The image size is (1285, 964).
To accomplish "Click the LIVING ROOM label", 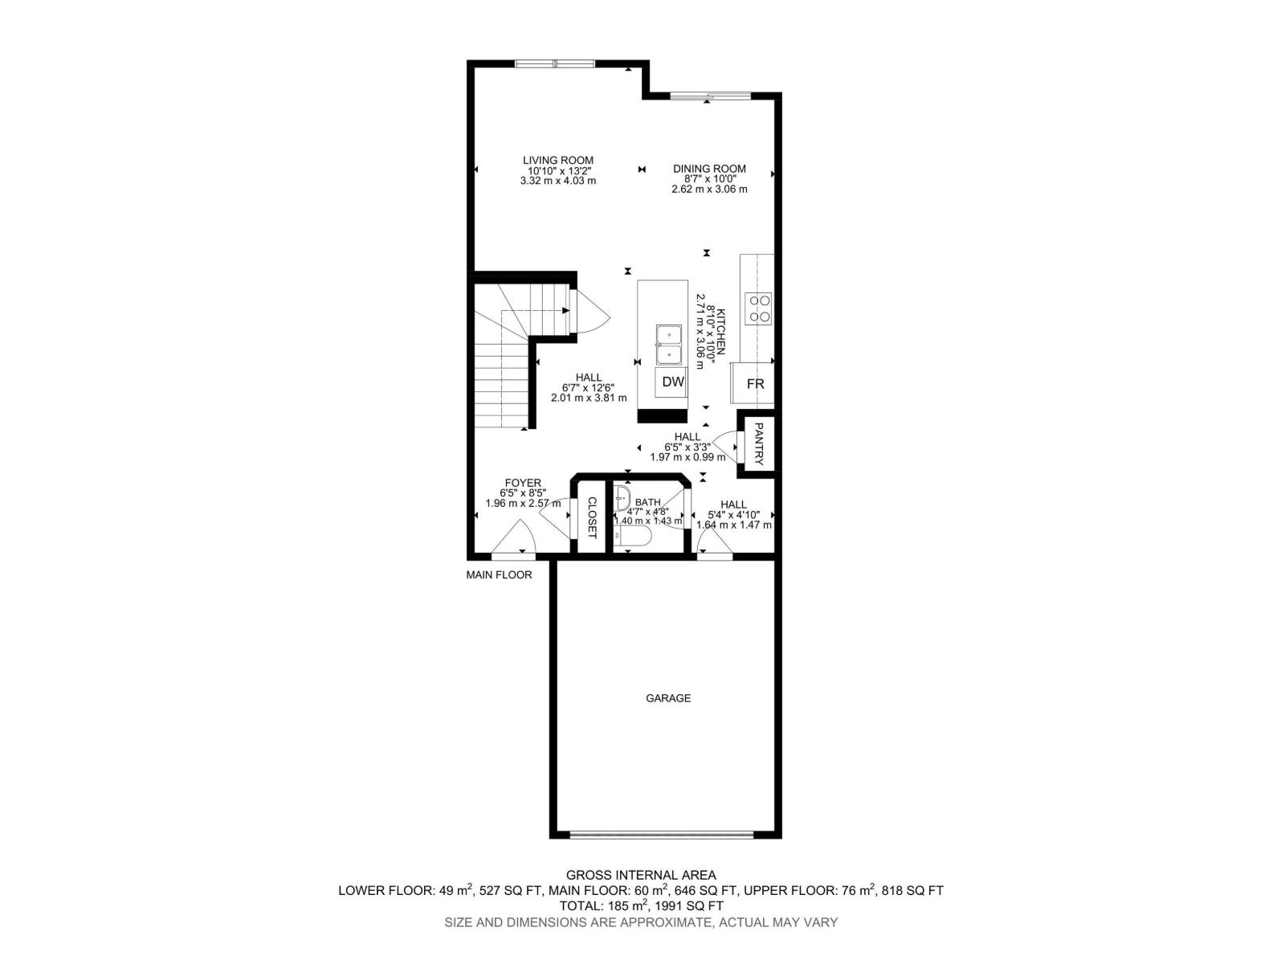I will coord(558,161).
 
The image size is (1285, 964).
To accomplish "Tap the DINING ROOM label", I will coord(709,169).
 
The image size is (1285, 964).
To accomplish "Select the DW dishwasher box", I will coord(673,382).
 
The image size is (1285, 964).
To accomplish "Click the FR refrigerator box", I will coord(755,384).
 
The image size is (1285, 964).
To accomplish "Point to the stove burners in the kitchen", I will coord(759,308).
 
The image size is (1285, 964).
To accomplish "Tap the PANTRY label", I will coord(759,444).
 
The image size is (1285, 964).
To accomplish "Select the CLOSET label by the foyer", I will coord(591,517).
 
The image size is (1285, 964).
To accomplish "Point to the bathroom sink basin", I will coord(623,498).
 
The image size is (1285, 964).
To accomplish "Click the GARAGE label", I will coord(668,698).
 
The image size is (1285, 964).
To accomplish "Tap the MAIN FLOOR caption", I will coord(499,575).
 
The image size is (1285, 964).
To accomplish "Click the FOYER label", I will coord(523,483).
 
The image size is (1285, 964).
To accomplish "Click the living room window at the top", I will coord(554,64).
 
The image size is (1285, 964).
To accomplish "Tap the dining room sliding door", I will coord(710,96).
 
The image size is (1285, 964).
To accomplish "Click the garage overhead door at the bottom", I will coord(662,834).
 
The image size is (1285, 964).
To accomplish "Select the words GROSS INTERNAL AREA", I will coord(641,875).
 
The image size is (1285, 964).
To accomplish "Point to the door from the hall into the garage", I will coord(714,544).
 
